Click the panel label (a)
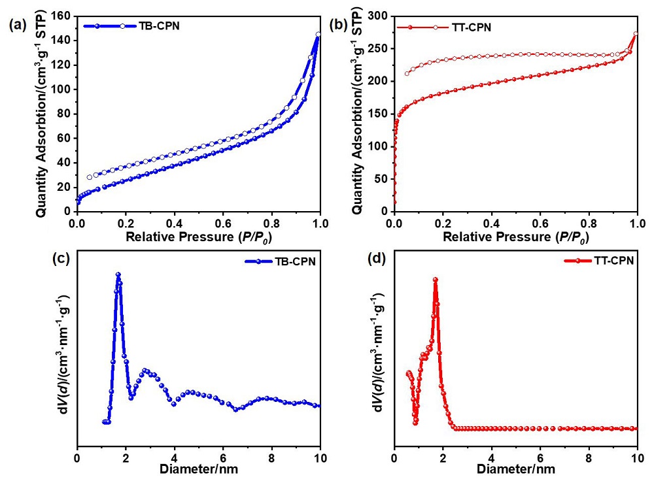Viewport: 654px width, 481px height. point(18,25)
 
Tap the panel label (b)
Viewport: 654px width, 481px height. point(339,25)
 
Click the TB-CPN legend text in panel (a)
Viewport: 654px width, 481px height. point(160,26)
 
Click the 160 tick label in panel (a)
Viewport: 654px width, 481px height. point(61,16)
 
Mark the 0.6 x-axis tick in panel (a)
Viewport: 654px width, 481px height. point(223,222)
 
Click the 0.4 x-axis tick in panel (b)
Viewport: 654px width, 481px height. point(491,222)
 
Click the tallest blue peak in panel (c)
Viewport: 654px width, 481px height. point(118,275)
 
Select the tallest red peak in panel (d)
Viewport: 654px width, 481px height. point(435,280)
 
